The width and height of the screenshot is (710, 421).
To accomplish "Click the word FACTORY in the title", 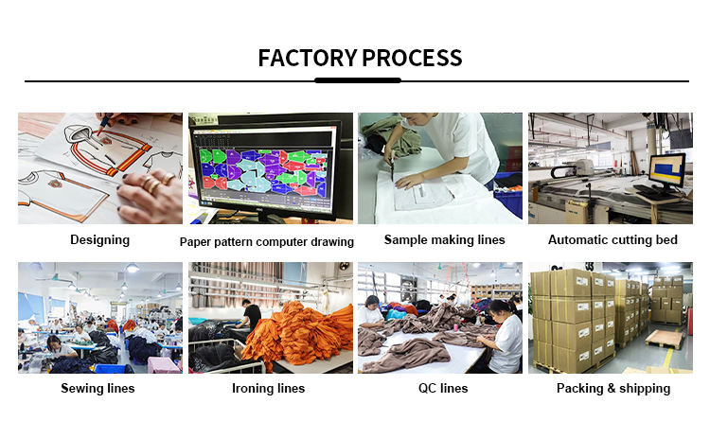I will (x=307, y=58).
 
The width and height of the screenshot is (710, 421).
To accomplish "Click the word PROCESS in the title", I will (x=412, y=58).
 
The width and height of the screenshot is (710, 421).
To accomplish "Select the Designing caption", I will (x=99, y=239).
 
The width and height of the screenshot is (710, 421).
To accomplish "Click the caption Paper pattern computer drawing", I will (x=267, y=241).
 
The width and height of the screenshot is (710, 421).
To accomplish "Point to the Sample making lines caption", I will (x=444, y=239).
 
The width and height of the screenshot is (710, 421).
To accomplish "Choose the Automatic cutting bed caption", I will (x=612, y=239).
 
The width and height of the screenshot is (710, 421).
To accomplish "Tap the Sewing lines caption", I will (x=98, y=388).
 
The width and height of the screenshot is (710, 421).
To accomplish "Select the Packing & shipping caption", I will (x=612, y=388).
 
